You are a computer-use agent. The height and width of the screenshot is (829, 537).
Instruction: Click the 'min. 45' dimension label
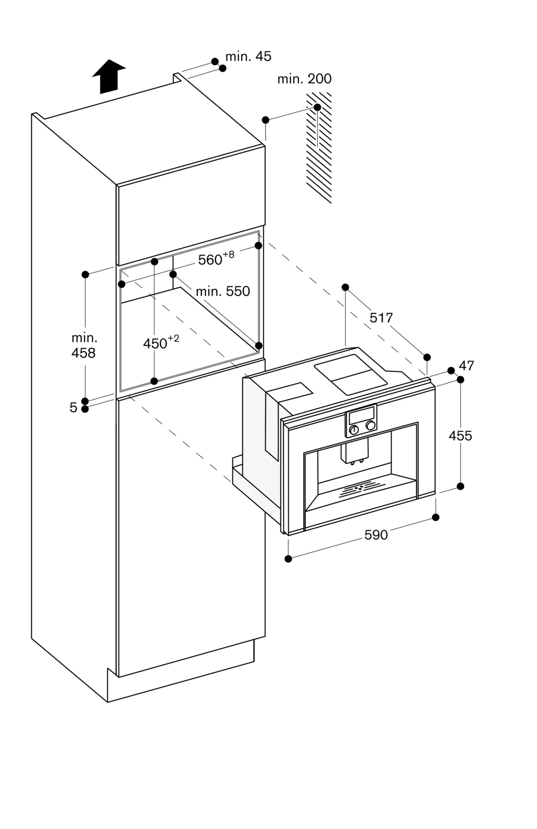[248, 56]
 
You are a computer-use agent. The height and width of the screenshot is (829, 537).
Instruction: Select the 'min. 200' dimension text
[304, 79]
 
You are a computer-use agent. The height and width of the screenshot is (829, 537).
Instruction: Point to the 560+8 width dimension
[215, 259]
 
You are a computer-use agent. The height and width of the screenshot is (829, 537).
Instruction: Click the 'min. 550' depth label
[223, 291]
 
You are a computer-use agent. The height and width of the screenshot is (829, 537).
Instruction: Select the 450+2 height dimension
[161, 343]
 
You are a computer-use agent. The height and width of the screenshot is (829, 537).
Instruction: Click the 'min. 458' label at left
[84, 345]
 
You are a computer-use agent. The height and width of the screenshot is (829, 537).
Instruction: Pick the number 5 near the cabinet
[73, 408]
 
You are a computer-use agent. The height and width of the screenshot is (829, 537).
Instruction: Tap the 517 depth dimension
[381, 318]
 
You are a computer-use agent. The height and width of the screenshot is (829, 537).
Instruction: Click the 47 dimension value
[466, 366]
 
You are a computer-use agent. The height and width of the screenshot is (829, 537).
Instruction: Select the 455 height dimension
[460, 436]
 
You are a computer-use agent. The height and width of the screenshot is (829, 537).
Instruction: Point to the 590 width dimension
[376, 535]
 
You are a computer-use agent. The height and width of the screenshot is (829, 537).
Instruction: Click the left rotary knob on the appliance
[353, 430]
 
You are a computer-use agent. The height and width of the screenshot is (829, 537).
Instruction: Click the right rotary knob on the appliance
[370, 425]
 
